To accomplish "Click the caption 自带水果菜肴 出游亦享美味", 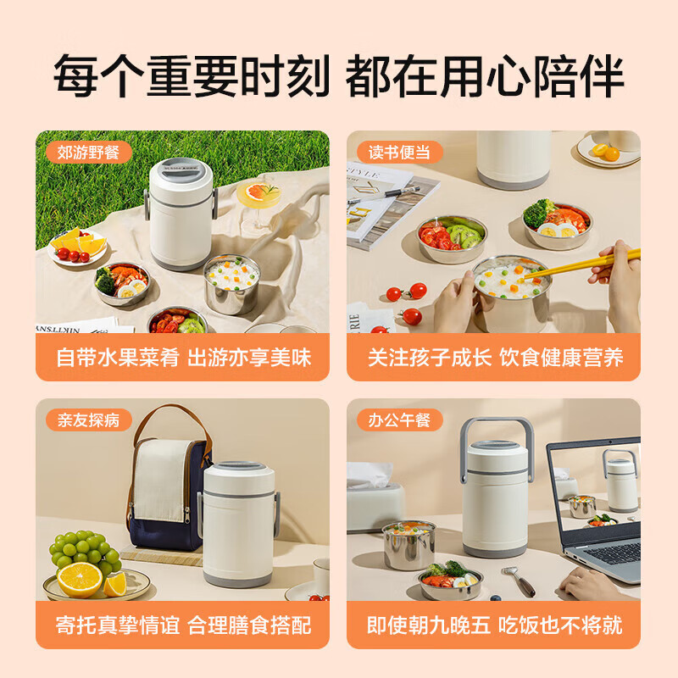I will [182, 357].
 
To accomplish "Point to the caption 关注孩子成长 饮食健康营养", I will [494, 357].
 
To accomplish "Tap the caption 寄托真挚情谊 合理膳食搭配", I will [182, 625].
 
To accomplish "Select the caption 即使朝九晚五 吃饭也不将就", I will [494, 625].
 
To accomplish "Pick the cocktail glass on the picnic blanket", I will [258, 200].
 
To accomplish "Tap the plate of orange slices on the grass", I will [78, 247].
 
